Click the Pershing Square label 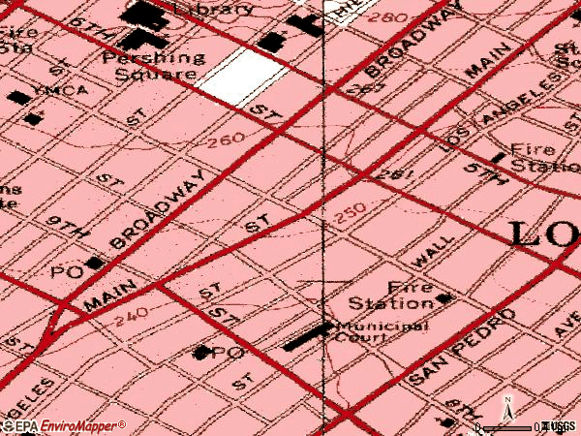[x=154, y=66]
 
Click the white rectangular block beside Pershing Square [x=236, y=74]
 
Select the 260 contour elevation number [x=226, y=142]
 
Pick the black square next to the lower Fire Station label [x=443, y=298]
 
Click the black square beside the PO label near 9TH [x=93, y=264]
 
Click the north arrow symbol [x=507, y=411]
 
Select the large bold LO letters [x=543, y=235]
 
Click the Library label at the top [x=212, y=9]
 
